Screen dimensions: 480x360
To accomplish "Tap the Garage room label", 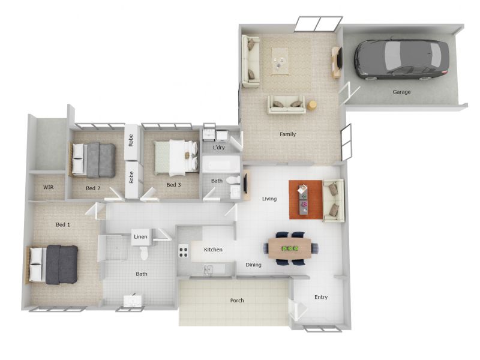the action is (401, 92).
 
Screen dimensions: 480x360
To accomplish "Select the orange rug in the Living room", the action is (306, 200).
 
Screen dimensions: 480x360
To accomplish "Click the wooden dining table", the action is (290, 248).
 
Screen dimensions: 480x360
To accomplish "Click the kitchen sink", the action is (208, 269).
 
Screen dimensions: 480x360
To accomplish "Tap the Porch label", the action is (237, 301).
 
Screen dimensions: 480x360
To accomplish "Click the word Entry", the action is (321, 297).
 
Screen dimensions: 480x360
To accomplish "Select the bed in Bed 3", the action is (176, 158).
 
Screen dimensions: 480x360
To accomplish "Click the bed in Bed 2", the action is (92, 160).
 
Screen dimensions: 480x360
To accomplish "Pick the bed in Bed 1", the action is (52, 264).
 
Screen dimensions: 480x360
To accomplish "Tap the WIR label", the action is (49, 187).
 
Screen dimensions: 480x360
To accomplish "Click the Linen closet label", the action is (140, 236).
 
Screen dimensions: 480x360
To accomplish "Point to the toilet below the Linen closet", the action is (144, 253).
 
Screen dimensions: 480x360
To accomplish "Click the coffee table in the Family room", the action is (280, 61).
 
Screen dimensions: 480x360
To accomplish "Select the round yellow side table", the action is (312, 106).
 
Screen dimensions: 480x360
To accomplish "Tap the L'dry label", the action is (219, 148).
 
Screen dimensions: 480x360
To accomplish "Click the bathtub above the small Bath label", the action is (221, 164).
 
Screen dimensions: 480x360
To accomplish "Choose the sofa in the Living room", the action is (334, 200).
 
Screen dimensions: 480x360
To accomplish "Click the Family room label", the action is (287, 134).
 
